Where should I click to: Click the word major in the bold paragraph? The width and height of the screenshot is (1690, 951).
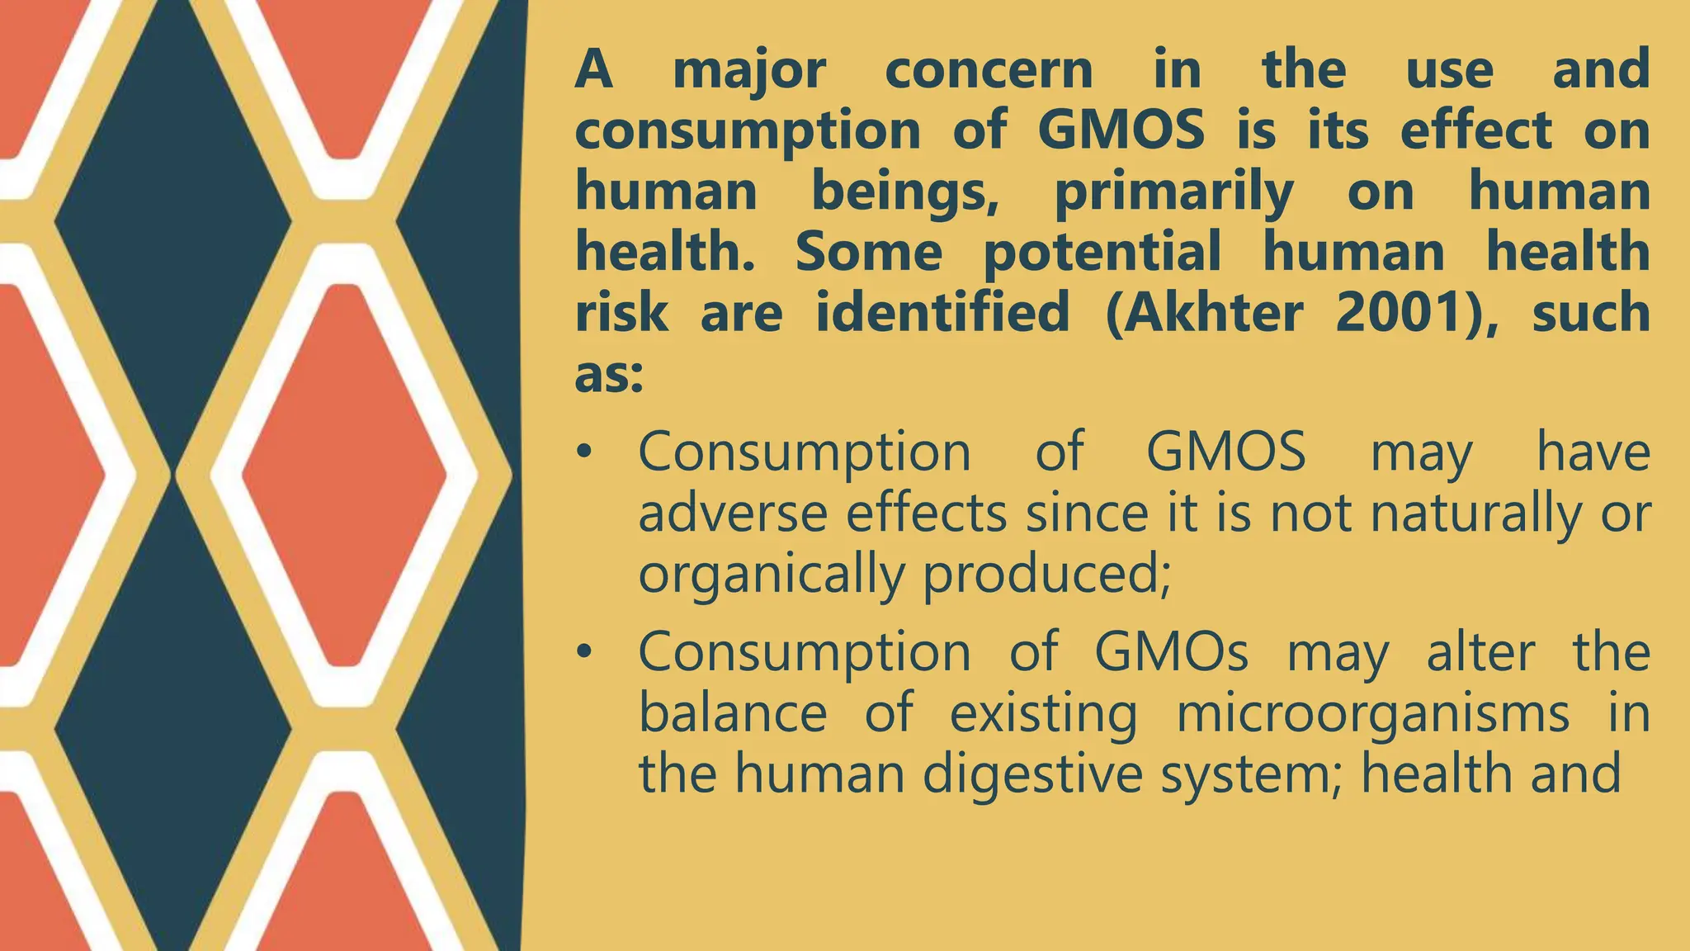click(x=748, y=71)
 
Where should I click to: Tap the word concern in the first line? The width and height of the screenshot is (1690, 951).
click(x=989, y=71)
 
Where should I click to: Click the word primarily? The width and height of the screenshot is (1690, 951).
click(x=1174, y=193)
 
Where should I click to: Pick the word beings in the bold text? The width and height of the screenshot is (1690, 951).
click(x=905, y=193)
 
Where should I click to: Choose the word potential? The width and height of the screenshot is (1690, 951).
click(x=1102, y=253)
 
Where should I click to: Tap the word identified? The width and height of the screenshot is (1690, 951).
click(x=942, y=314)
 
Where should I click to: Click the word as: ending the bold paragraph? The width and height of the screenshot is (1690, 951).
click(x=608, y=376)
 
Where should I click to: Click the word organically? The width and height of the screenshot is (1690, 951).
click(x=772, y=575)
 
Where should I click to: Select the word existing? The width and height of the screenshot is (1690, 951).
click(x=1043, y=714)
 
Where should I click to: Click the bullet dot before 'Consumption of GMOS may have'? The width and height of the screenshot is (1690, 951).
click(x=585, y=452)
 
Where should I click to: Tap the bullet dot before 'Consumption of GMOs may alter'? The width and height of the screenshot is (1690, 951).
click(x=585, y=652)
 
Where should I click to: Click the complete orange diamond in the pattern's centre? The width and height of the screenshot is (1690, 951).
click(x=344, y=475)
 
